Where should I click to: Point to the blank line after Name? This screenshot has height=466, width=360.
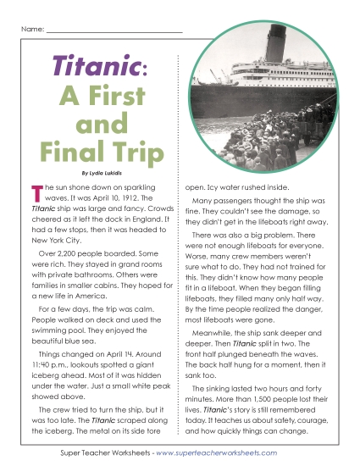(x=114, y=31)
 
